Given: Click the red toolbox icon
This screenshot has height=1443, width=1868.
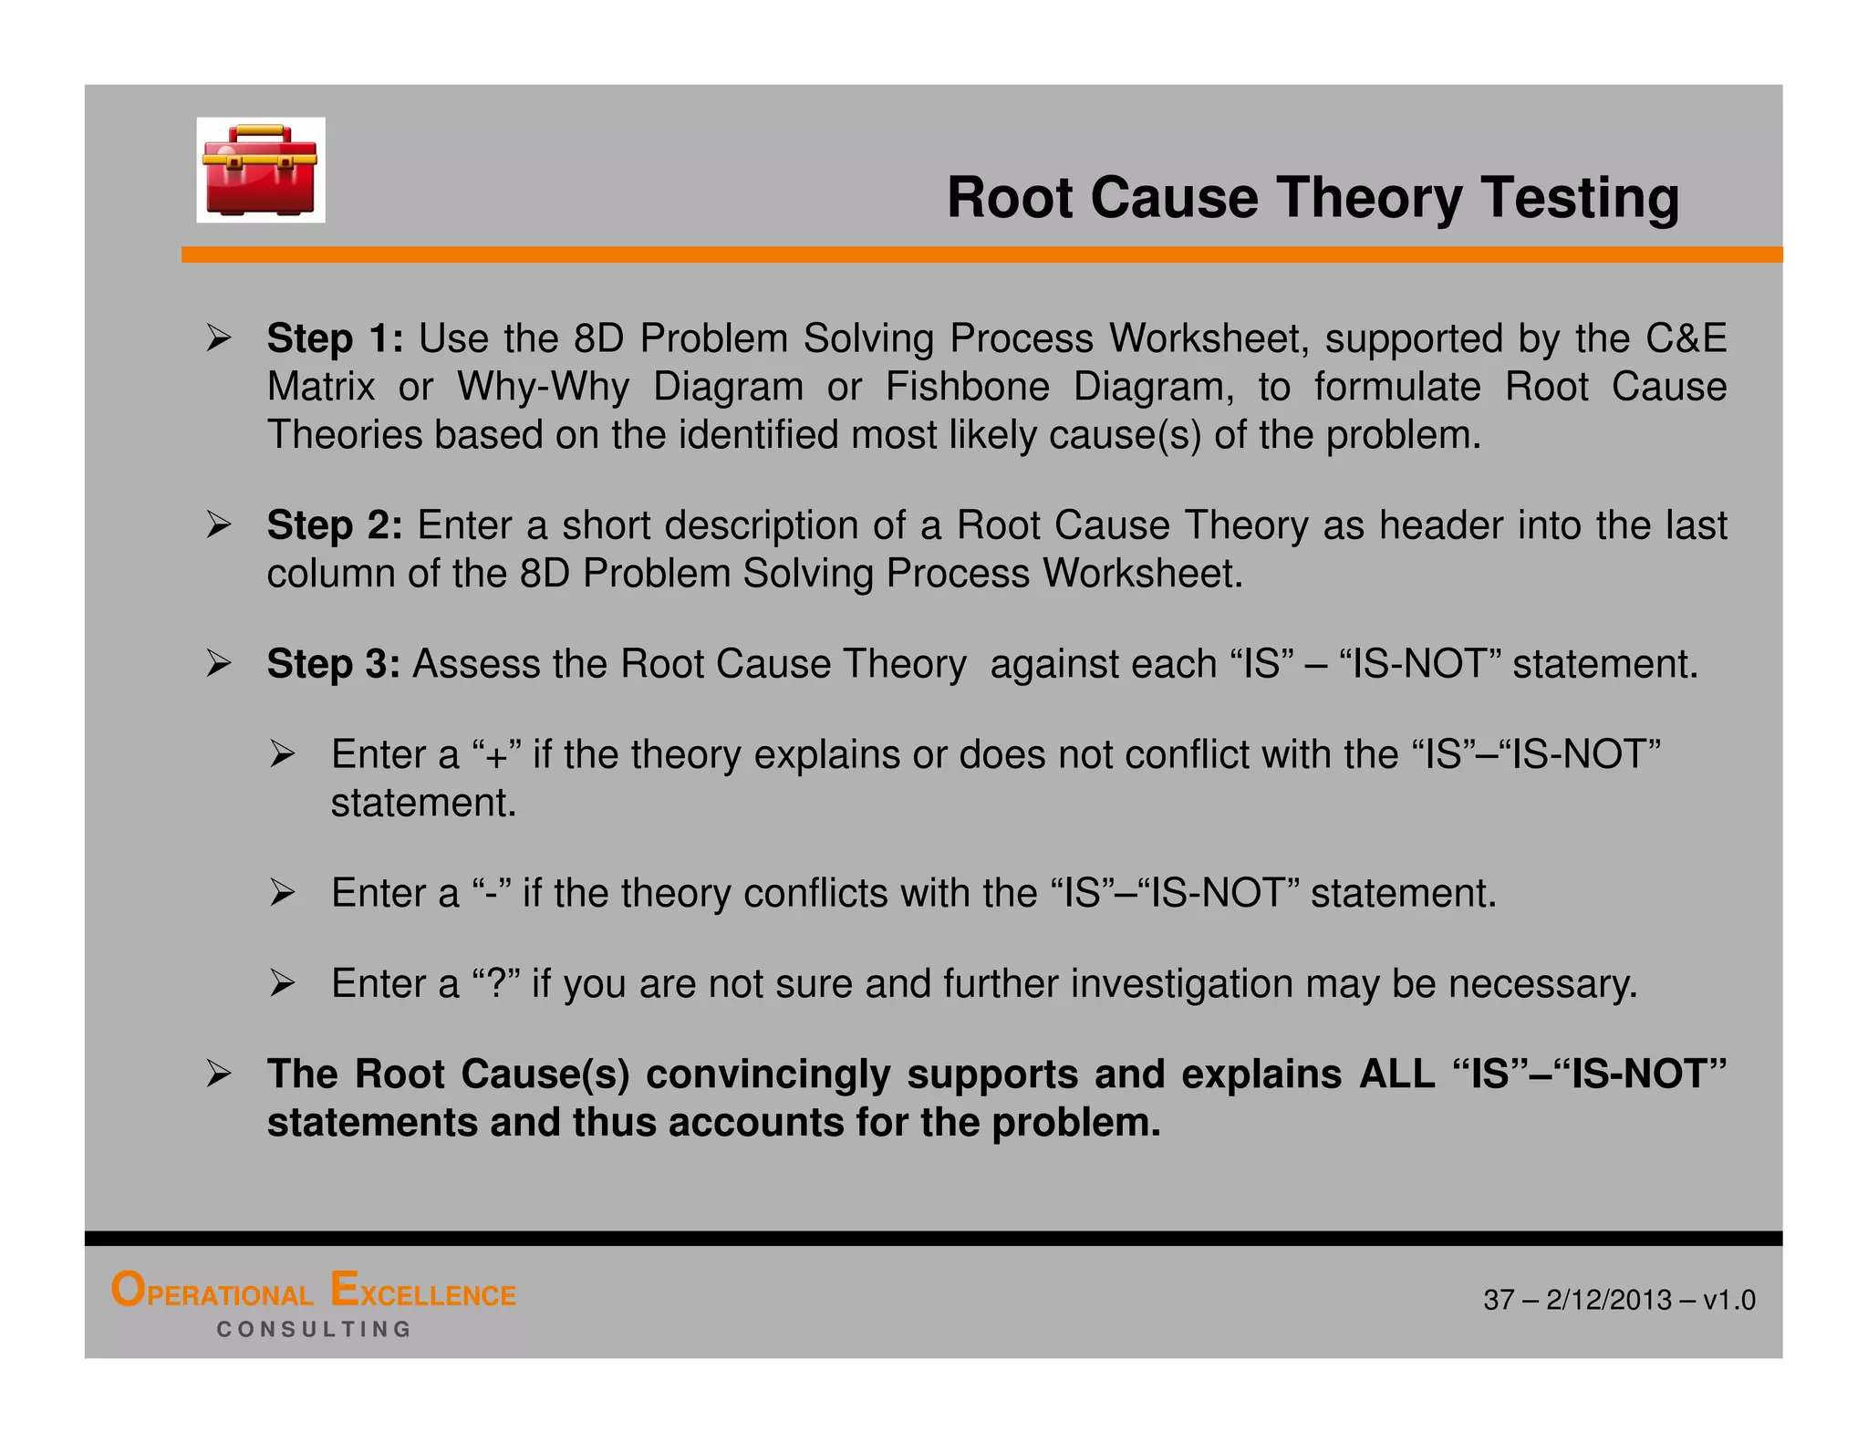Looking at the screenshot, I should pyautogui.click(x=260, y=171).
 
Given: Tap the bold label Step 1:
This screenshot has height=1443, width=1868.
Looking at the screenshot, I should pyautogui.click(x=334, y=338).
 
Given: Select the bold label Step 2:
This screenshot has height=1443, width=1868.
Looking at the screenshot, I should pyautogui.click(x=334, y=525).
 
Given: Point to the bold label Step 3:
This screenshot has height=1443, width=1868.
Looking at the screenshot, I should pyautogui.click(x=333, y=664).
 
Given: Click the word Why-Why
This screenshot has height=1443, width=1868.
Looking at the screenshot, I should pyautogui.click(x=543, y=387).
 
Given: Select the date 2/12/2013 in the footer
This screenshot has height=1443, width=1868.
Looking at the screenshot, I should pyautogui.click(x=1609, y=1300).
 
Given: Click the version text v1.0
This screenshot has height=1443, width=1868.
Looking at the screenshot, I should pyautogui.click(x=1728, y=1300).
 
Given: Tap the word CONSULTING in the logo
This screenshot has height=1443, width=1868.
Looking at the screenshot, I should pyautogui.click(x=314, y=1330).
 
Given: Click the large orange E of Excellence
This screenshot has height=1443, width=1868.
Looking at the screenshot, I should pyautogui.click(x=344, y=1290).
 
